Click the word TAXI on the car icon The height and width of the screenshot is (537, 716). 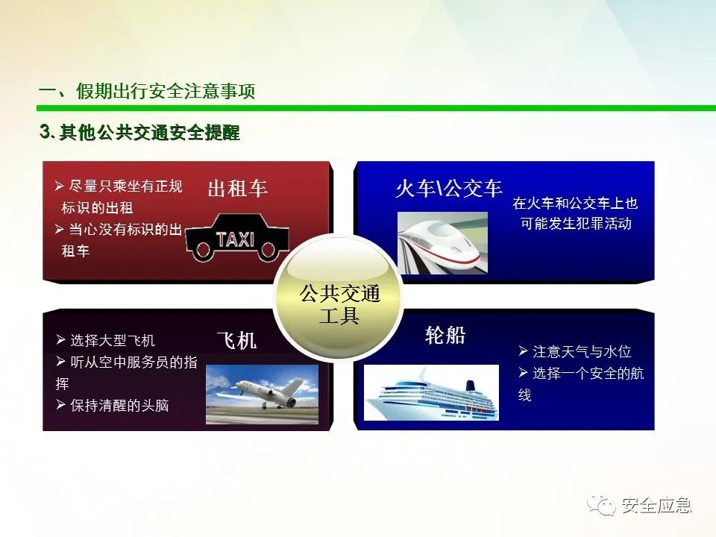(235, 239)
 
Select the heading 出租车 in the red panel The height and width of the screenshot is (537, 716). (237, 189)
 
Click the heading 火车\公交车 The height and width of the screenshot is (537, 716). (449, 189)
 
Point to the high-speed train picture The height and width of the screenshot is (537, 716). (442, 243)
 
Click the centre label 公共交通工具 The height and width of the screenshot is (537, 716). (339, 304)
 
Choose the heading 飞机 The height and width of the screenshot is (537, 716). (236, 341)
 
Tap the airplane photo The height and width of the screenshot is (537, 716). (262, 395)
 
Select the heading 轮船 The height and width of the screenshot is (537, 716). (445, 336)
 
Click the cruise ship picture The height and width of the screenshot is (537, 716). (431, 393)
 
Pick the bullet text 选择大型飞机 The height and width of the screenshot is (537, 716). (113, 340)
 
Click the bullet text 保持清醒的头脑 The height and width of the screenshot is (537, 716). (119, 405)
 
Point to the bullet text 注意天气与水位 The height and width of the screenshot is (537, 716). (582, 351)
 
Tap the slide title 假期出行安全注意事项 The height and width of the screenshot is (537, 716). (166, 91)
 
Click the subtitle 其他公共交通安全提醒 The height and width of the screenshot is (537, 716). (149, 133)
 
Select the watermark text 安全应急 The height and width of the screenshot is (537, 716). (656, 505)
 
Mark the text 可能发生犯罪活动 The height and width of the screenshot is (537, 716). (577, 223)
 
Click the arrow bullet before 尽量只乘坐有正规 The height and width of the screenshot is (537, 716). (60, 186)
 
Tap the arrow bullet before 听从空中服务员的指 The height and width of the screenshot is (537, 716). (60, 362)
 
